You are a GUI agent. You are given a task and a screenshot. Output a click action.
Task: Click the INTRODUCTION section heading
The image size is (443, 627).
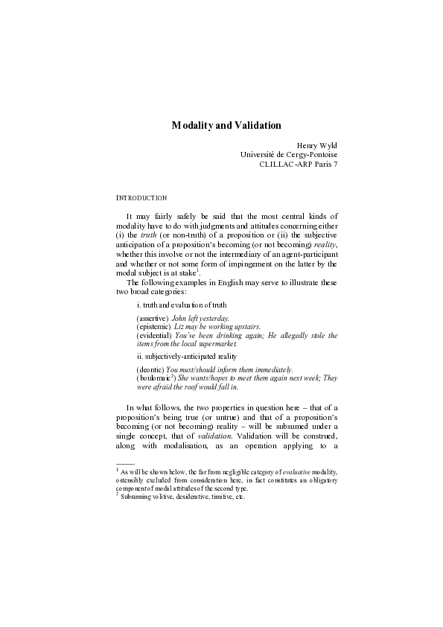point(141,198)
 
